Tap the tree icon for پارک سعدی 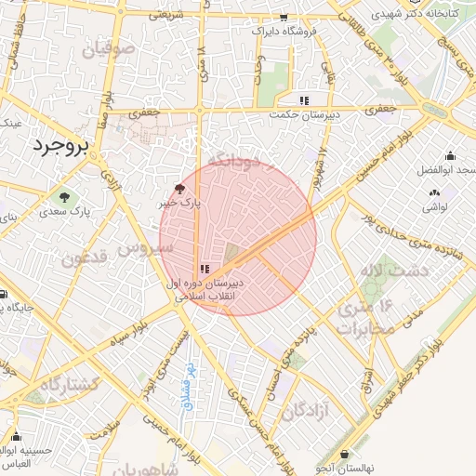(x=64, y=197)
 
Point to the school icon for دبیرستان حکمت (x=303, y=100)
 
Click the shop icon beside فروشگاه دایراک (x=284, y=18)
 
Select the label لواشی (x=434, y=206)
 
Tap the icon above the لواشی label (x=434, y=192)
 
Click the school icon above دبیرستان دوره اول (x=204, y=269)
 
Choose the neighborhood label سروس (x=151, y=248)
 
